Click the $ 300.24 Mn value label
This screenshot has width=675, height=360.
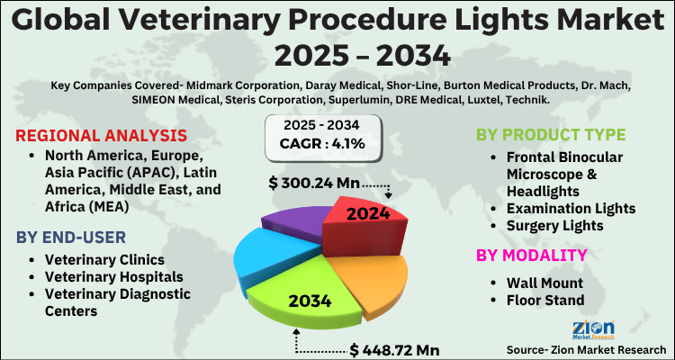[314, 184]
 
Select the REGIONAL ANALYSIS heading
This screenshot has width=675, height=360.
[101, 136]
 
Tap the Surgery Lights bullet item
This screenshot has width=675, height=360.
[559, 226]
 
